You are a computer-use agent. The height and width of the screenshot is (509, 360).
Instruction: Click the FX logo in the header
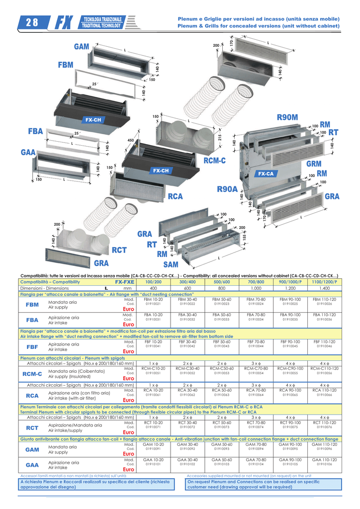pyautogui.click(x=63, y=22)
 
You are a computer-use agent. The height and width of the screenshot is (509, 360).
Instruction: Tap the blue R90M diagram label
pyautogui.click(x=287, y=117)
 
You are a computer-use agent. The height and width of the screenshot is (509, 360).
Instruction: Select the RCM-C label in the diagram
pyautogui.click(x=214, y=160)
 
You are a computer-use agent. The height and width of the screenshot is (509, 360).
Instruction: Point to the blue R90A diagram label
pyautogui.click(x=227, y=189)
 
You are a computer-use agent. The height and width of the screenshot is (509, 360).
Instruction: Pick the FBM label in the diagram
pyautogui.click(x=65, y=65)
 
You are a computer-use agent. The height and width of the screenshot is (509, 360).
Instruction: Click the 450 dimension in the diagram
pyautogui.click(x=131, y=141)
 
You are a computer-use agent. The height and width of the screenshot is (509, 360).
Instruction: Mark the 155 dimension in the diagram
pyautogui.click(x=244, y=238)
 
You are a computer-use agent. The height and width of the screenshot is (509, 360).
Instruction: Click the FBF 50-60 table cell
pyautogui.click(x=222, y=341)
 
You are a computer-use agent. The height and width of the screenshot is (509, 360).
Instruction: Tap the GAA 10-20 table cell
pyautogui.click(x=154, y=460)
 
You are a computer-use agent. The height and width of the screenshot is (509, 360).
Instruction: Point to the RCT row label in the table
pyautogui.click(x=32, y=427)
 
